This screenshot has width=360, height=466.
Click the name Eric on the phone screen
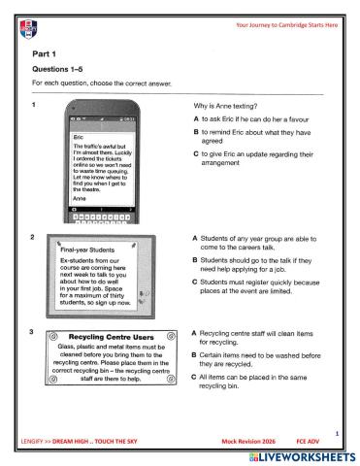pos(80,138)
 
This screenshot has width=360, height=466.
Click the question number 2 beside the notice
pos(34,237)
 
